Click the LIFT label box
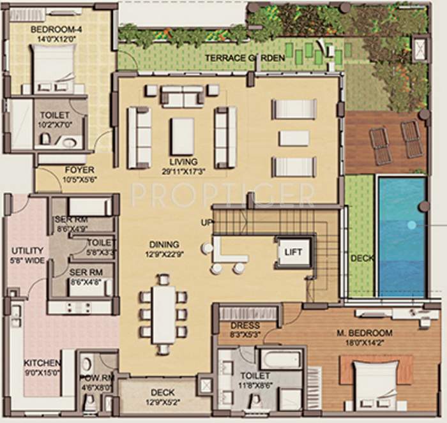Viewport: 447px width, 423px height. pyautogui.click(x=293, y=253)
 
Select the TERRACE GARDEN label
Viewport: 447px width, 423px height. pyautogui.click(x=245, y=58)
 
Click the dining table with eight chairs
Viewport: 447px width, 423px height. pyautogui.click(x=164, y=313)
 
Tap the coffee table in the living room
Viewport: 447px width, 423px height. pyautogui.click(x=183, y=136)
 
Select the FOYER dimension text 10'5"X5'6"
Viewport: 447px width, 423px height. pyautogui.click(x=80, y=181)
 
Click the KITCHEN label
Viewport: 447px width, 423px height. pyautogui.click(x=42, y=362)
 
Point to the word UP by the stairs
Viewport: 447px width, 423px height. pyautogui.click(x=206, y=222)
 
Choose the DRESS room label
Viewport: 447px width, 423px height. pyautogui.click(x=245, y=325)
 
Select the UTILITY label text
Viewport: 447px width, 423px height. pyautogui.click(x=26, y=251)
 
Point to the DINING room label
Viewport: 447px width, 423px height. pyautogui.click(x=164, y=244)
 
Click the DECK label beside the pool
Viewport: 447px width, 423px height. pyautogui.click(x=362, y=258)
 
